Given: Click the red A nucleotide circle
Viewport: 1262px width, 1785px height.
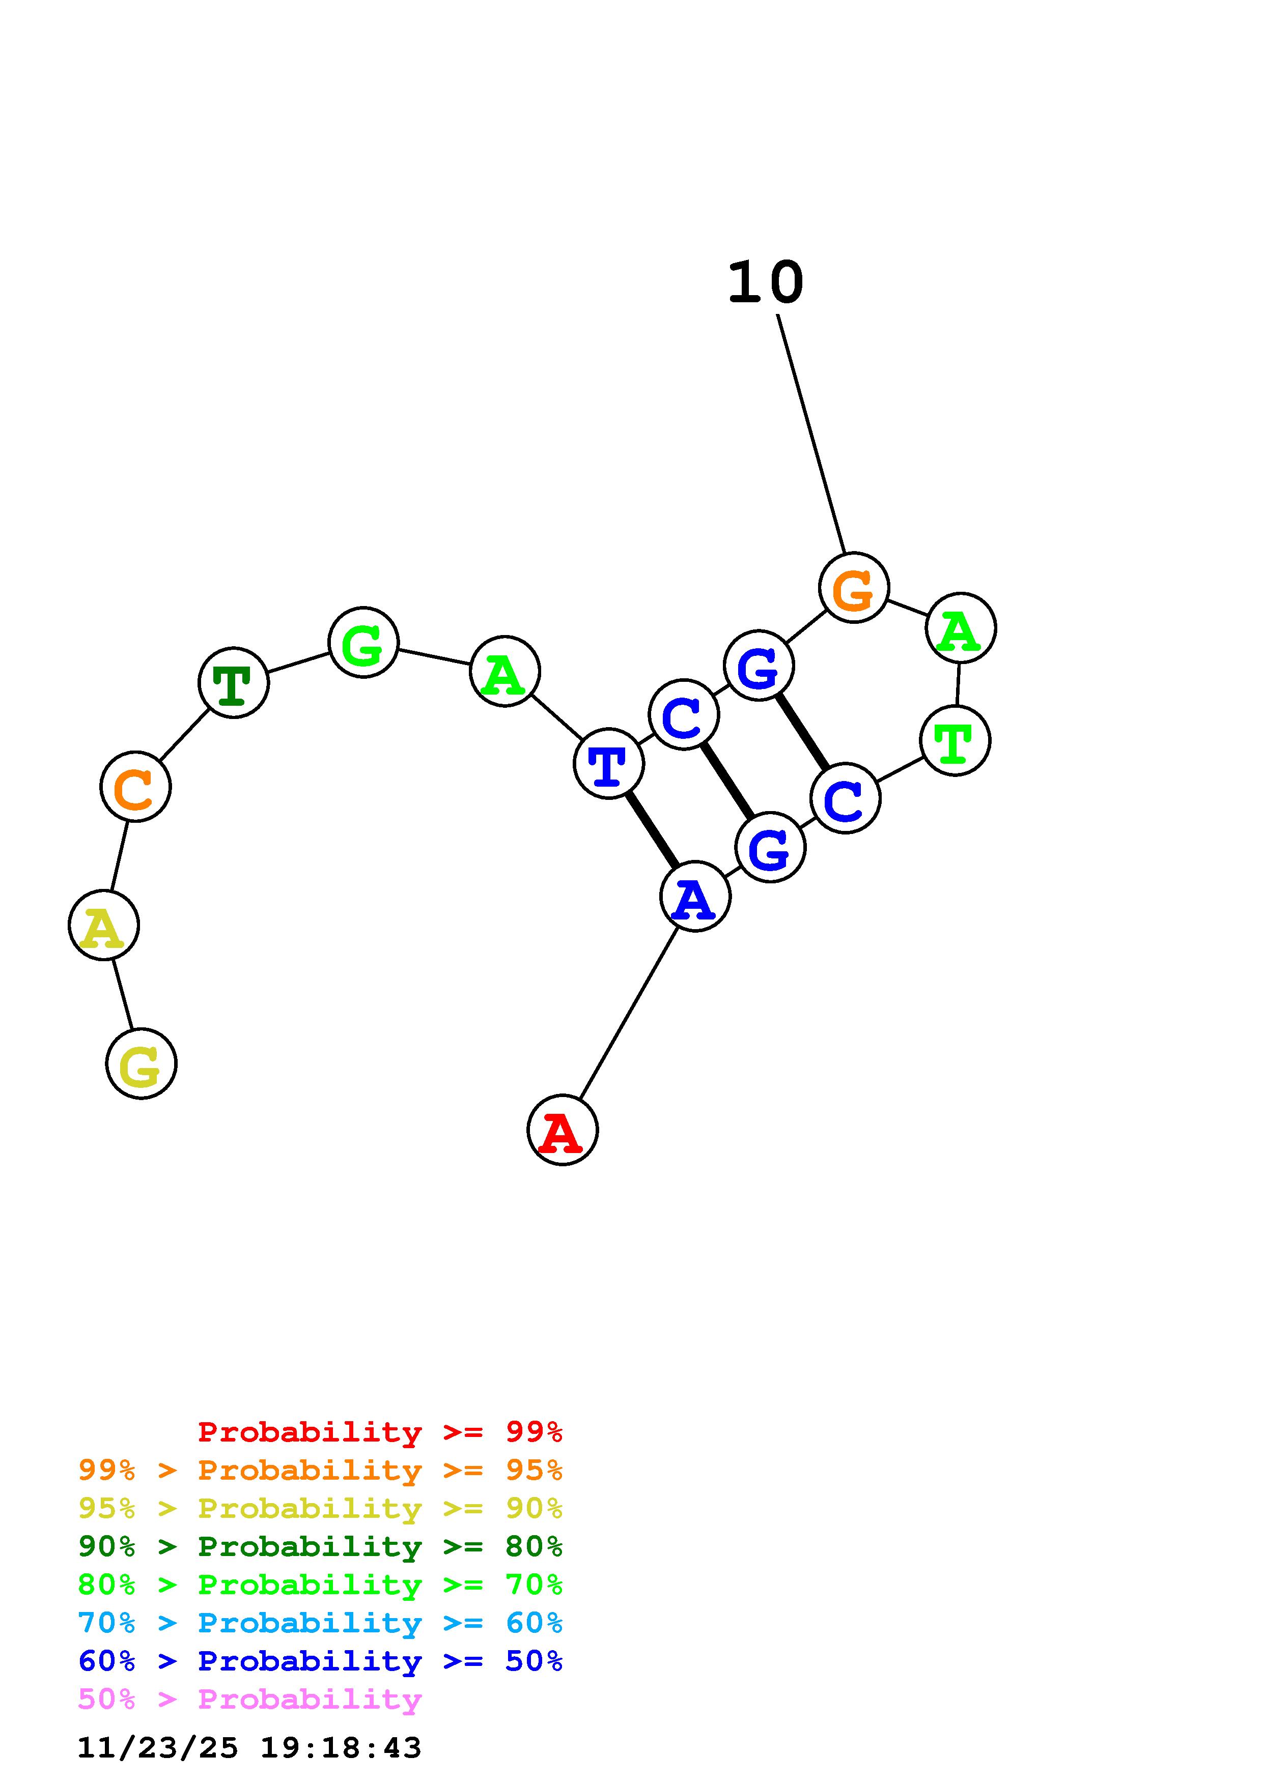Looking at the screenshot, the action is (562, 1130).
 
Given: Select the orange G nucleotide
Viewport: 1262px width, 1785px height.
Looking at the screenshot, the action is (854, 588).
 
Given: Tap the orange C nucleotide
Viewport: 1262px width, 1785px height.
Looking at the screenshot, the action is (135, 787).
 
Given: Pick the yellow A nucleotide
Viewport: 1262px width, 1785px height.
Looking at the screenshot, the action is (103, 925).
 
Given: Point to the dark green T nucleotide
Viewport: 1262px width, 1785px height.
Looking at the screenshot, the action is (233, 682).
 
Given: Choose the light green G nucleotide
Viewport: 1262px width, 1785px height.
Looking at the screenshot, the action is (363, 642).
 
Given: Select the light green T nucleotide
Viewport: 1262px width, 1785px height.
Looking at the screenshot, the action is (955, 740).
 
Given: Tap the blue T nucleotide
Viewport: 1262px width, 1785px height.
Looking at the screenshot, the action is (609, 763).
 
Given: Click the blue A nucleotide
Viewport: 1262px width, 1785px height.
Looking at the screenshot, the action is (695, 897).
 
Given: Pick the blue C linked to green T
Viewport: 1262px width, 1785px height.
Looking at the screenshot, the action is (845, 798).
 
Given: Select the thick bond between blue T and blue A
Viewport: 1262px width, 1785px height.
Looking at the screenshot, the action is (652, 829).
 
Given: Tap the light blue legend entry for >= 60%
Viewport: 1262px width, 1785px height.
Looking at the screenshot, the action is (320, 1623).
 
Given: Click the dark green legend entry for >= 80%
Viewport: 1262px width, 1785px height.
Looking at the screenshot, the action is (320, 1547).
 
